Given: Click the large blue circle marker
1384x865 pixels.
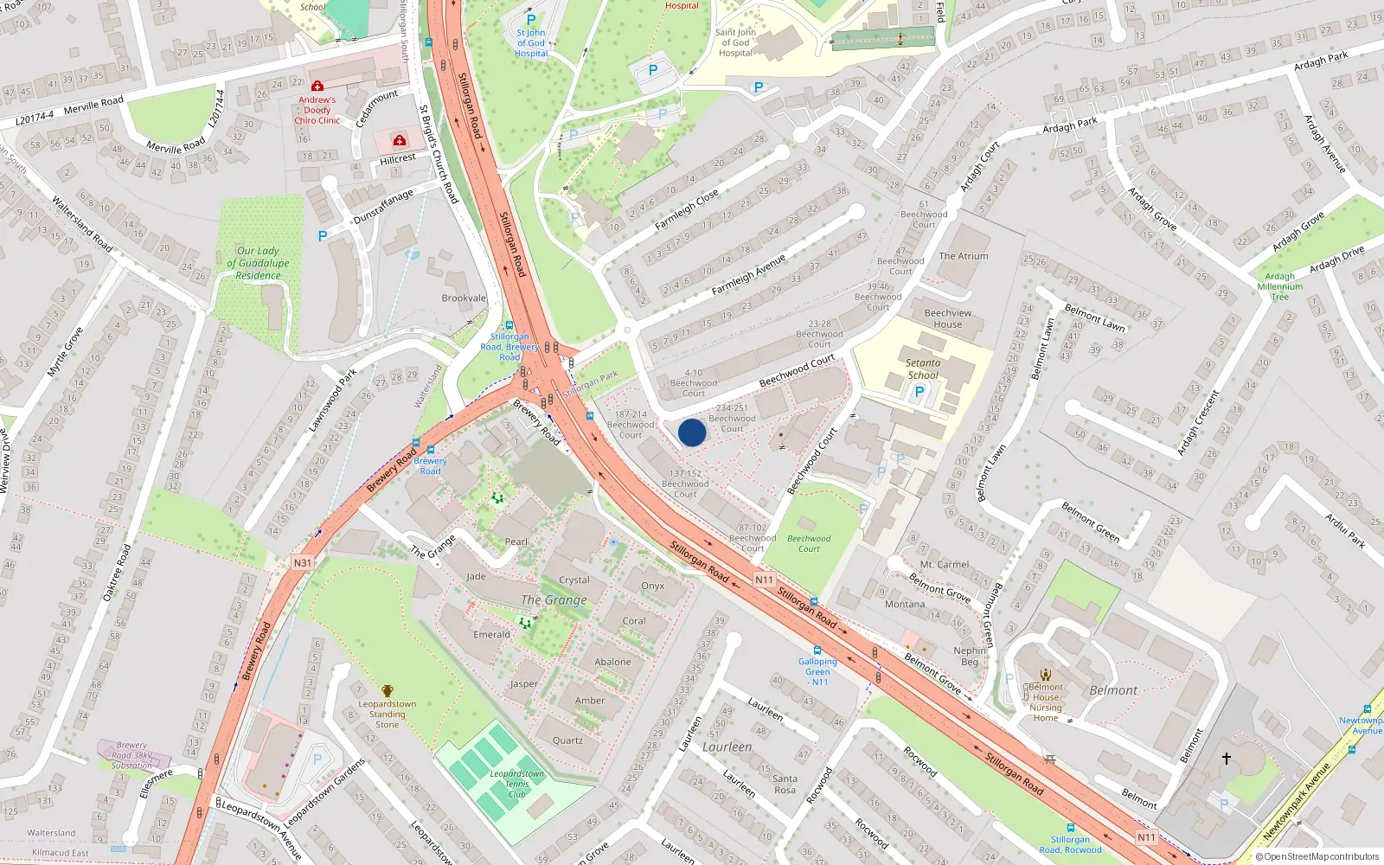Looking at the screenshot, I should coord(692,432).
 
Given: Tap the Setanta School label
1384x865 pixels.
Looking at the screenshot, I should coord(923,369).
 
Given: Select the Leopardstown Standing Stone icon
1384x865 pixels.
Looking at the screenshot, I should coord(387,690).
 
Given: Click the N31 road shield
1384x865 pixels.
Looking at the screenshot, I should coord(302,562).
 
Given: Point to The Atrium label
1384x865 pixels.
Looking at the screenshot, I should coord(963,256).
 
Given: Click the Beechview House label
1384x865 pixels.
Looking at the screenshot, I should coord(947,318).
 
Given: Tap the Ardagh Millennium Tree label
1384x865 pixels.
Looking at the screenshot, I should coord(1280,286).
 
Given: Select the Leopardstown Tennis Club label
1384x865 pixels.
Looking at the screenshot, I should coord(517,784).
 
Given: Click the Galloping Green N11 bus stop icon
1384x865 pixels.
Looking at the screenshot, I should coord(817,650).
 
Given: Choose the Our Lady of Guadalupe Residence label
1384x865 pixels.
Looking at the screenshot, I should coord(258,263).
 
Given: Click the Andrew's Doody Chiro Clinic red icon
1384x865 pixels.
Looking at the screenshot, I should coord(317,86).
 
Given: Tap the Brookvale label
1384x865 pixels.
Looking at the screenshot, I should coord(464,298).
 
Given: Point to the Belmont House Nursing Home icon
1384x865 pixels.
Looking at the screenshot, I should coord(1045,675).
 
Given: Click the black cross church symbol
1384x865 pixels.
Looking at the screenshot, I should coord(1226,758).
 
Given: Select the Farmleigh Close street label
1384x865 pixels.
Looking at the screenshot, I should coord(686,210).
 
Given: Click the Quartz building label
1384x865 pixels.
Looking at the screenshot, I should coord(567,740).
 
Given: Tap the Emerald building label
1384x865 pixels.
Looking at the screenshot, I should coord(491,634).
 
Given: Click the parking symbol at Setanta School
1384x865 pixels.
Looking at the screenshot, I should coord(919,391).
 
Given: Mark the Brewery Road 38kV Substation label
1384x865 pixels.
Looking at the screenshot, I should coord(131,755).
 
